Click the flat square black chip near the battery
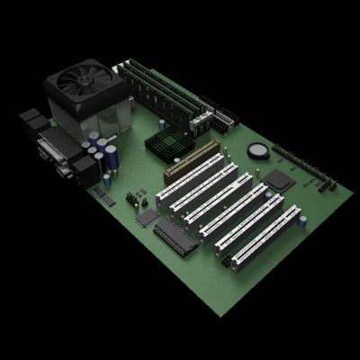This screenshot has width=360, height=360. (278, 177)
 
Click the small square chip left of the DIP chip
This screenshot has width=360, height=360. (145, 217)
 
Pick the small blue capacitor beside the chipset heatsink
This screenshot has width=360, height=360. (188, 127)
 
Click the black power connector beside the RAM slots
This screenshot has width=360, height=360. (222, 118)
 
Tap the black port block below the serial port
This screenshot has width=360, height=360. (86, 172)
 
